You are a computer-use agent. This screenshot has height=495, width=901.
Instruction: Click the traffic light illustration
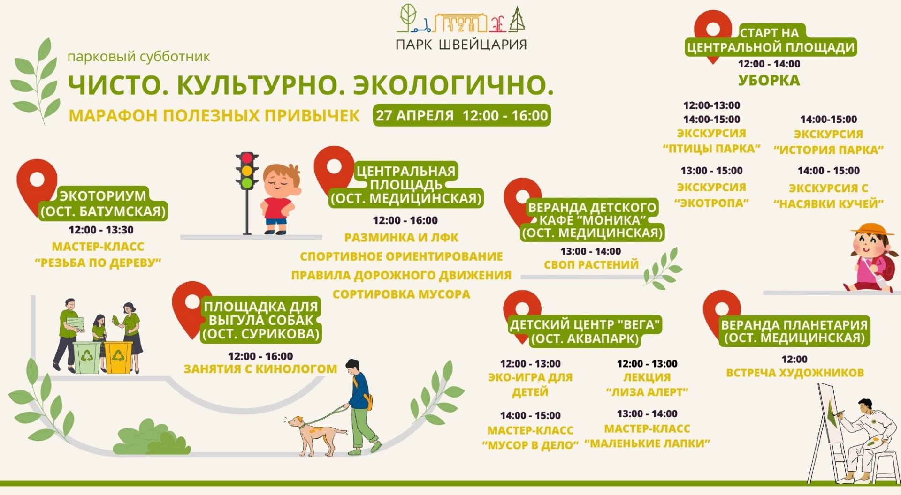click(x=247, y=192)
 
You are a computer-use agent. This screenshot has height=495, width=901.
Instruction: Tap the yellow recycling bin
click(x=118, y=357)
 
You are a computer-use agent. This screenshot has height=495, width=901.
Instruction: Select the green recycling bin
click(x=87, y=358)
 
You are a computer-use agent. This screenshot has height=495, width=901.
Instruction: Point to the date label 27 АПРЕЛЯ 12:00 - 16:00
click(x=462, y=115)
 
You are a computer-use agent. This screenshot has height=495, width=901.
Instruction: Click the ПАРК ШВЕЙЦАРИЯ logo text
click(x=461, y=45)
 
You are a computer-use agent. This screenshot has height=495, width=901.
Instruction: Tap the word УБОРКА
click(x=769, y=81)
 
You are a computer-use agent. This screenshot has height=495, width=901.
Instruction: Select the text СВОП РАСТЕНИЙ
click(x=591, y=265)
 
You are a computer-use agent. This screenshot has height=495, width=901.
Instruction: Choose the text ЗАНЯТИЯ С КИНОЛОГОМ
click(x=260, y=369)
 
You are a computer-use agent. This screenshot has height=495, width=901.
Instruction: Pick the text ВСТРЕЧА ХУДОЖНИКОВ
click(x=795, y=373)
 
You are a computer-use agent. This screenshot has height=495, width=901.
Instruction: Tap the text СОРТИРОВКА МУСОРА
click(x=401, y=294)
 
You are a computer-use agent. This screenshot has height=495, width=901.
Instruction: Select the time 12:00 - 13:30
click(x=101, y=230)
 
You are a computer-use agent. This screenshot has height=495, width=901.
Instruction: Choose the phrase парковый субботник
click(x=139, y=57)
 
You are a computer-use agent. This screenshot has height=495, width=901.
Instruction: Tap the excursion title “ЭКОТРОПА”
click(x=711, y=203)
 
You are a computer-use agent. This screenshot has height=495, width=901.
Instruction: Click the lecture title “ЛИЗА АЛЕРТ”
click(x=647, y=392)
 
